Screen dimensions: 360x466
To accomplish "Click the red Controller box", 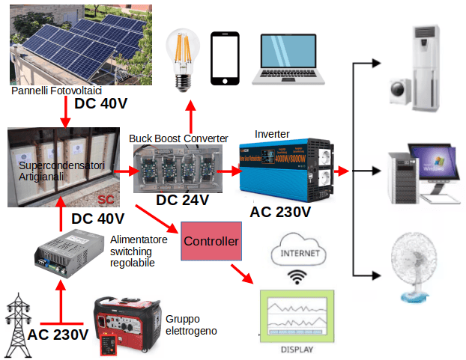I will [x=211, y=241].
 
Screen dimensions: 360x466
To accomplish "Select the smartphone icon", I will [x=225, y=59].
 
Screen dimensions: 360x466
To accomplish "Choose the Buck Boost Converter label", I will [x=178, y=138].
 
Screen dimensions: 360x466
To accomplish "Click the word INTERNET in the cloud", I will [x=298, y=253].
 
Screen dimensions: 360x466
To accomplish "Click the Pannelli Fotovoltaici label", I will [x=56, y=90].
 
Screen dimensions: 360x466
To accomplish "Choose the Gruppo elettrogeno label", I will [x=192, y=323].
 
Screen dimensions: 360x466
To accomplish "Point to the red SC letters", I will [x=108, y=198].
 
